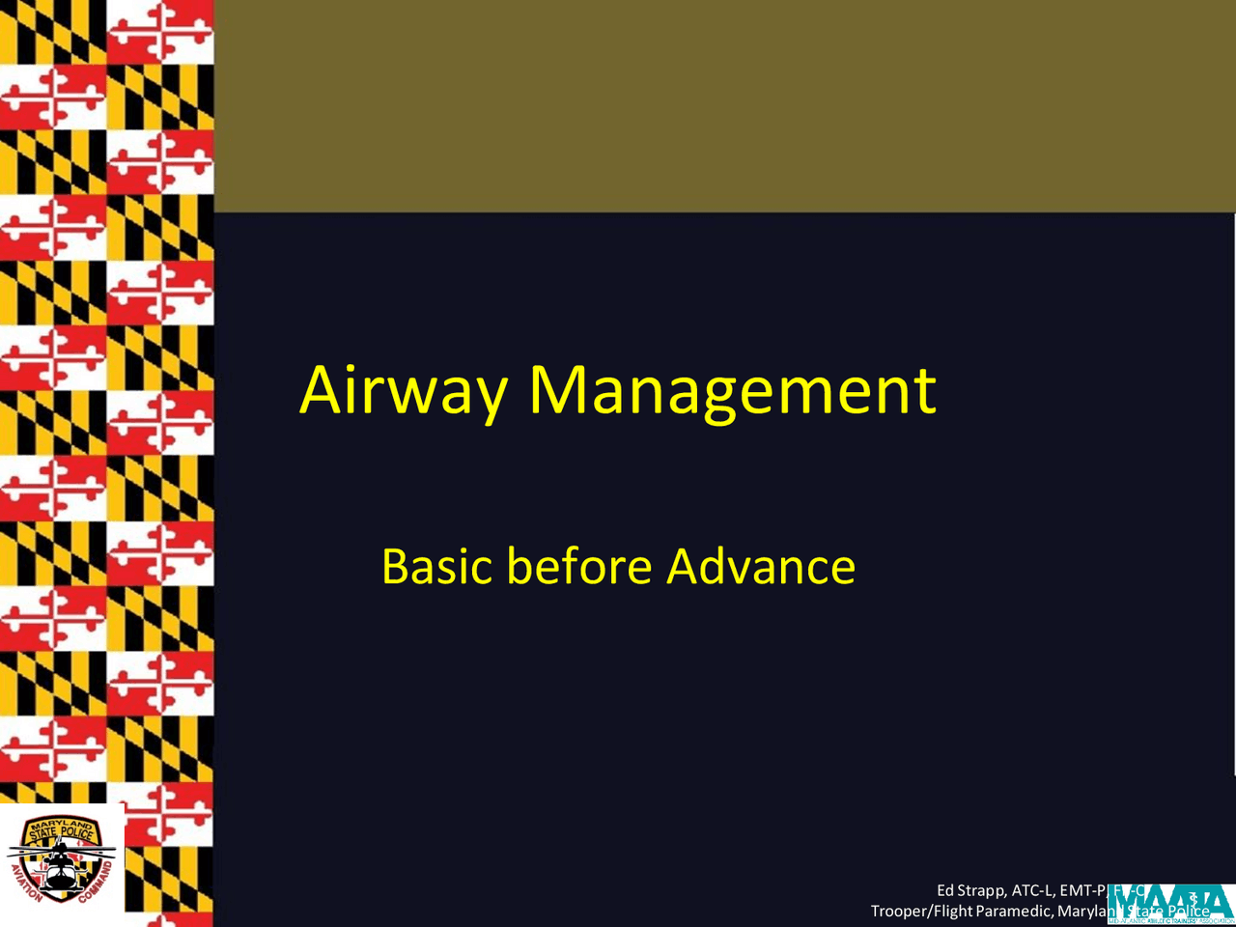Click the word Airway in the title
[403, 391]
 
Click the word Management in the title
[732, 391]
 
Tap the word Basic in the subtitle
[437, 566]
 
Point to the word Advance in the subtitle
[761, 566]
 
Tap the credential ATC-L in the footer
[1032, 890]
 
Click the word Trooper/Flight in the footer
[921, 911]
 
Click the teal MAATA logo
[1170, 904]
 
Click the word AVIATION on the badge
[25, 883]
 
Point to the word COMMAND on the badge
[97, 883]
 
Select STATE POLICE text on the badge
[61, 833]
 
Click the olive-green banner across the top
[724, 106]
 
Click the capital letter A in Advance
[684, 566]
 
